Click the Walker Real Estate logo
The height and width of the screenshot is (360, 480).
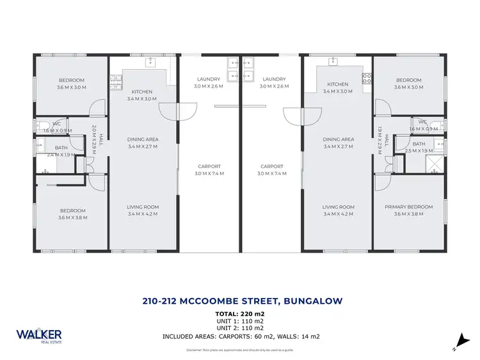(39, 336)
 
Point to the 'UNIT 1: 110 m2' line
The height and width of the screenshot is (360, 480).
(240, 321)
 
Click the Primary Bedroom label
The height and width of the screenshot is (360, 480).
(408, 207)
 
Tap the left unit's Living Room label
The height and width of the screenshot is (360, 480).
(143, 207)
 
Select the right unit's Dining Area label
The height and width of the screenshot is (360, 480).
(338, 139)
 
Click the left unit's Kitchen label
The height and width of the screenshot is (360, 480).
(141, 91)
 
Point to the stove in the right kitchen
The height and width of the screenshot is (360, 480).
(367, 79)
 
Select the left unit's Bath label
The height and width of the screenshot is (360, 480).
(61, 148)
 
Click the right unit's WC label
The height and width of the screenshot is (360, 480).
(422, 121)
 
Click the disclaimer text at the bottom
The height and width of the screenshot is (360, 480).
(240, 350)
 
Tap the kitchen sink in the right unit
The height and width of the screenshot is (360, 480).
(333, 62)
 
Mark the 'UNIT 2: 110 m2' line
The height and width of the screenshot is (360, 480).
(240, 328)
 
